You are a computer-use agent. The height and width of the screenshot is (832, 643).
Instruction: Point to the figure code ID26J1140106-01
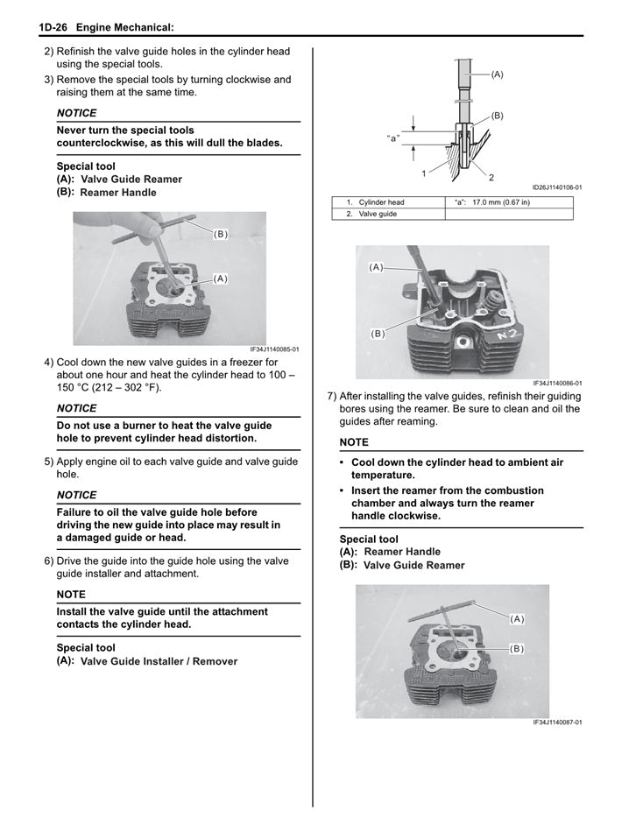(556, 187)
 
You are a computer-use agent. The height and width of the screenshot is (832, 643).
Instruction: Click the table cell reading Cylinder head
(381, 202)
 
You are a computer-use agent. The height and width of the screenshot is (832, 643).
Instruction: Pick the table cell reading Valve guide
(378, 214)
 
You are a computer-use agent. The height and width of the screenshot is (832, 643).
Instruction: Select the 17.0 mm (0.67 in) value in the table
(500, 202)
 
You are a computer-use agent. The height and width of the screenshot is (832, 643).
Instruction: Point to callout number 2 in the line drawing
(491, 178)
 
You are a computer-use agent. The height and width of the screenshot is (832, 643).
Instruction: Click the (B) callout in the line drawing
(497, 116)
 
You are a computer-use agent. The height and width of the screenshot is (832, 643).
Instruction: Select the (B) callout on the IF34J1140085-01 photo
(220, 235)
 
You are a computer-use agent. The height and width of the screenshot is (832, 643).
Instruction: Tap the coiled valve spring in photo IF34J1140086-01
(488, 307)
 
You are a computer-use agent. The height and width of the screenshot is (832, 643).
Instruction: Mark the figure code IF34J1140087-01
(556, 723)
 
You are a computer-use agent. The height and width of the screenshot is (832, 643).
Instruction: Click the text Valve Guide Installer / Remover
(159, 661)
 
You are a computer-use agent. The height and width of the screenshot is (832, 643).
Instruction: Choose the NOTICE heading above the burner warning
(76, 408)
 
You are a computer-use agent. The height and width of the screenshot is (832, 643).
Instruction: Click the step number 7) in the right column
(332, 395)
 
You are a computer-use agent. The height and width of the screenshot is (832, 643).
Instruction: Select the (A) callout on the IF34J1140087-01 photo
(516, 619)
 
